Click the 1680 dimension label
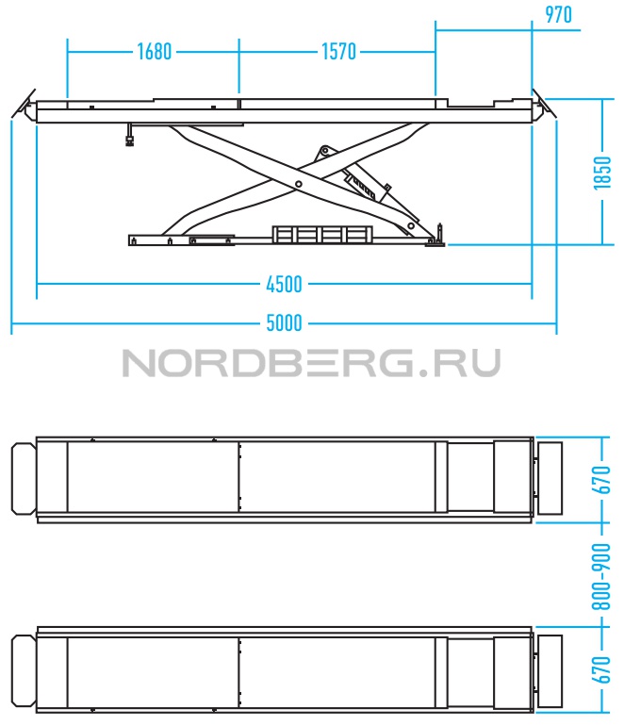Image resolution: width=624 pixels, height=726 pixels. point(155,52)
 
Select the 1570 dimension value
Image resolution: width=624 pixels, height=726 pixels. point(338,52)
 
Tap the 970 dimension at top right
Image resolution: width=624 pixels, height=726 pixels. point(558,14)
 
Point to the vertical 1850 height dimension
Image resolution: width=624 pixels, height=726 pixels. point(602,173)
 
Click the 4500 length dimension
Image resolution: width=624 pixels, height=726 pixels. point(285,285)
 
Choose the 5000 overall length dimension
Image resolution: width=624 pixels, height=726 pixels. point(285,323)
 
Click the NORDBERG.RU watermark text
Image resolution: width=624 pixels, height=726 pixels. point(312,363)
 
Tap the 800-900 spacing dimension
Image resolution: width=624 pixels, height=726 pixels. point(601,576)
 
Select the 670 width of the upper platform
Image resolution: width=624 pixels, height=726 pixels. point(601,480)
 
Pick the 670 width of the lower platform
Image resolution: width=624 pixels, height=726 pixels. point(601,670)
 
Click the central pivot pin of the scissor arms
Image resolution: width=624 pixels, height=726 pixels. point(299,184)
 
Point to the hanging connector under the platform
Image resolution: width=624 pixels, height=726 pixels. point(130,135)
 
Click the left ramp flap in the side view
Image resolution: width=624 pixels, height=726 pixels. point(25,106)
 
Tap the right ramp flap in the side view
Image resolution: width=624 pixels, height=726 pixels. point(544,106)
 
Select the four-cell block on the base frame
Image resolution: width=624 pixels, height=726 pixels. point(322,234)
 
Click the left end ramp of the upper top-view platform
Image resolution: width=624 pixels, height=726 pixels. point(24,479)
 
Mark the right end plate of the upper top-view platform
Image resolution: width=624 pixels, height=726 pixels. point(550,478)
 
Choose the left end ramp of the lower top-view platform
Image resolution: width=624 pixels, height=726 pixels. point(24,671)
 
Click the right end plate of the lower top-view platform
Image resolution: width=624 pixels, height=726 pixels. point(550,671)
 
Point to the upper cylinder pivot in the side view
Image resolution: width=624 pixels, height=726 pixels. point(325,151)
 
